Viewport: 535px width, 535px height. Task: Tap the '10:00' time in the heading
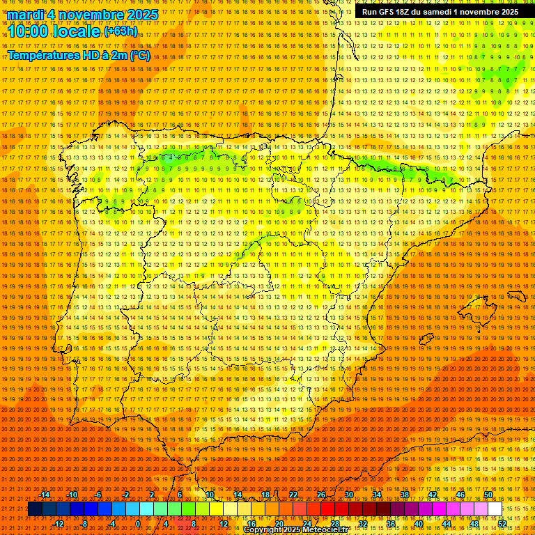click(28, 32)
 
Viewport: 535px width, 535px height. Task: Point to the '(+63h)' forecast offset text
click(121, 31)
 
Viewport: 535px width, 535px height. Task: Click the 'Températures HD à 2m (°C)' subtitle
click(79, 55)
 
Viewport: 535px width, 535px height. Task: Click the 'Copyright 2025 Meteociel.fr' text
click(305, 530)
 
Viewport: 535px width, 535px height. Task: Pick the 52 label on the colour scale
click(502, 524)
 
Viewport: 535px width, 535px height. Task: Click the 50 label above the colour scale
click(488, 495)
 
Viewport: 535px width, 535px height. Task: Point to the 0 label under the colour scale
click(138, 524)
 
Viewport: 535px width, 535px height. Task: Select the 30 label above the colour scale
click(348, 495)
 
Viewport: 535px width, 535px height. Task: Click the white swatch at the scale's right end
click(495, 509)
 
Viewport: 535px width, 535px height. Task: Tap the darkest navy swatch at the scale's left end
click(35, 509)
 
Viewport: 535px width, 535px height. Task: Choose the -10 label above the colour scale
click(72, 495)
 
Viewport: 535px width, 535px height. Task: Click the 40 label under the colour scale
click(418, 524)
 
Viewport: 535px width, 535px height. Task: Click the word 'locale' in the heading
click(75, 32)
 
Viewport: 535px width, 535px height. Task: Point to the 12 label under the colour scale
click(224, 524)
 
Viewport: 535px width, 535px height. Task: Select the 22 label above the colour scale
click(293, 495)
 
